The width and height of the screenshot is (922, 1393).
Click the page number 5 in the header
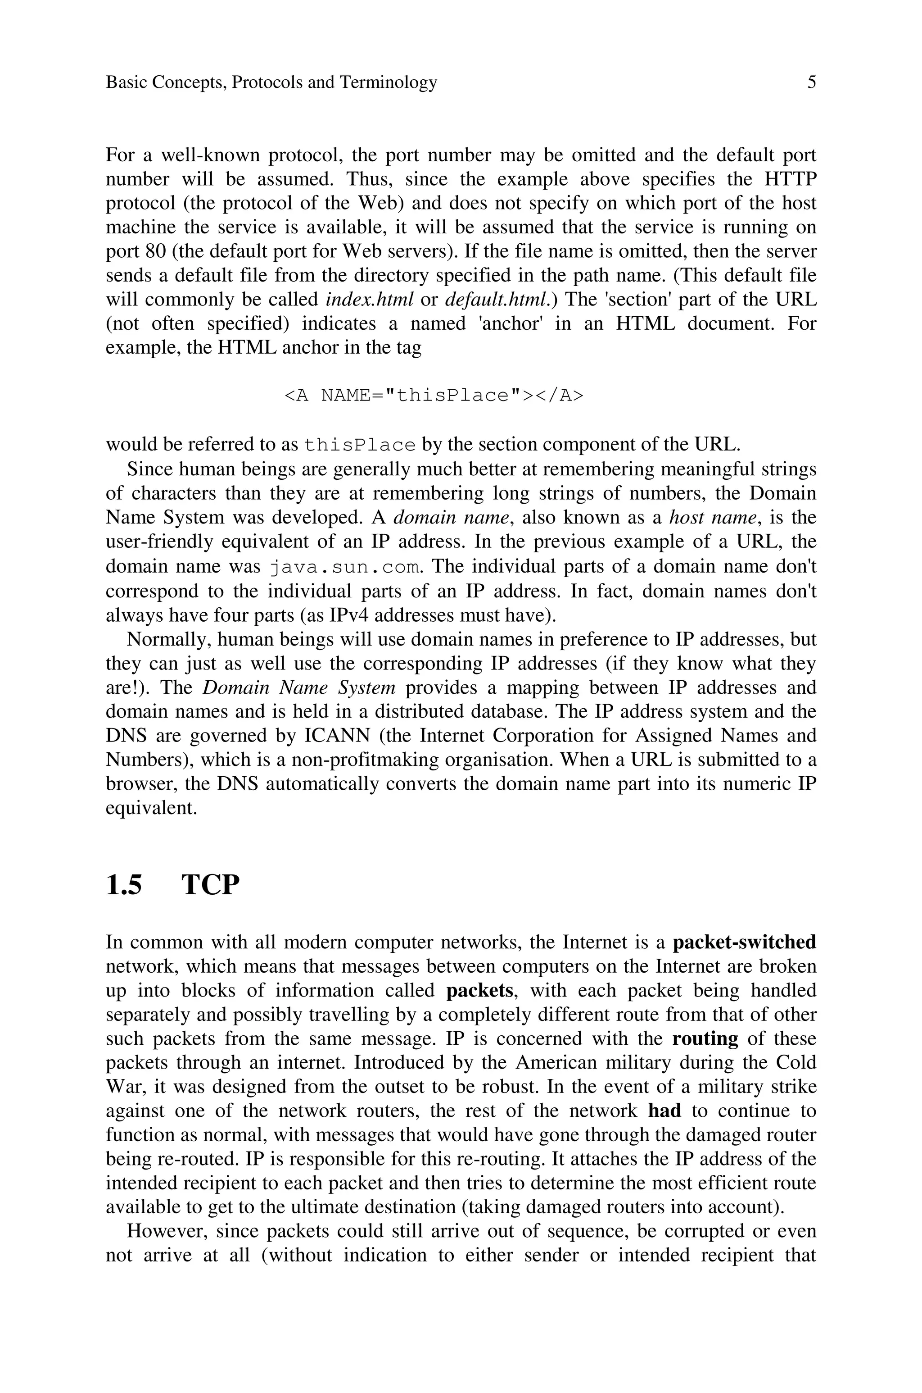point(811,82)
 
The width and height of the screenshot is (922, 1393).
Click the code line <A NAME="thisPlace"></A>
point(434,395)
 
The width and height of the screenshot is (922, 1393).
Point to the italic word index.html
point(370,300)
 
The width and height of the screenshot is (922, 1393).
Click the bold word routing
point(705,1039)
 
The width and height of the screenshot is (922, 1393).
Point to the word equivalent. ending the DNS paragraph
point(151,808)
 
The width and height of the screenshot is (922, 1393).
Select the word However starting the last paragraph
point(165,1231)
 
